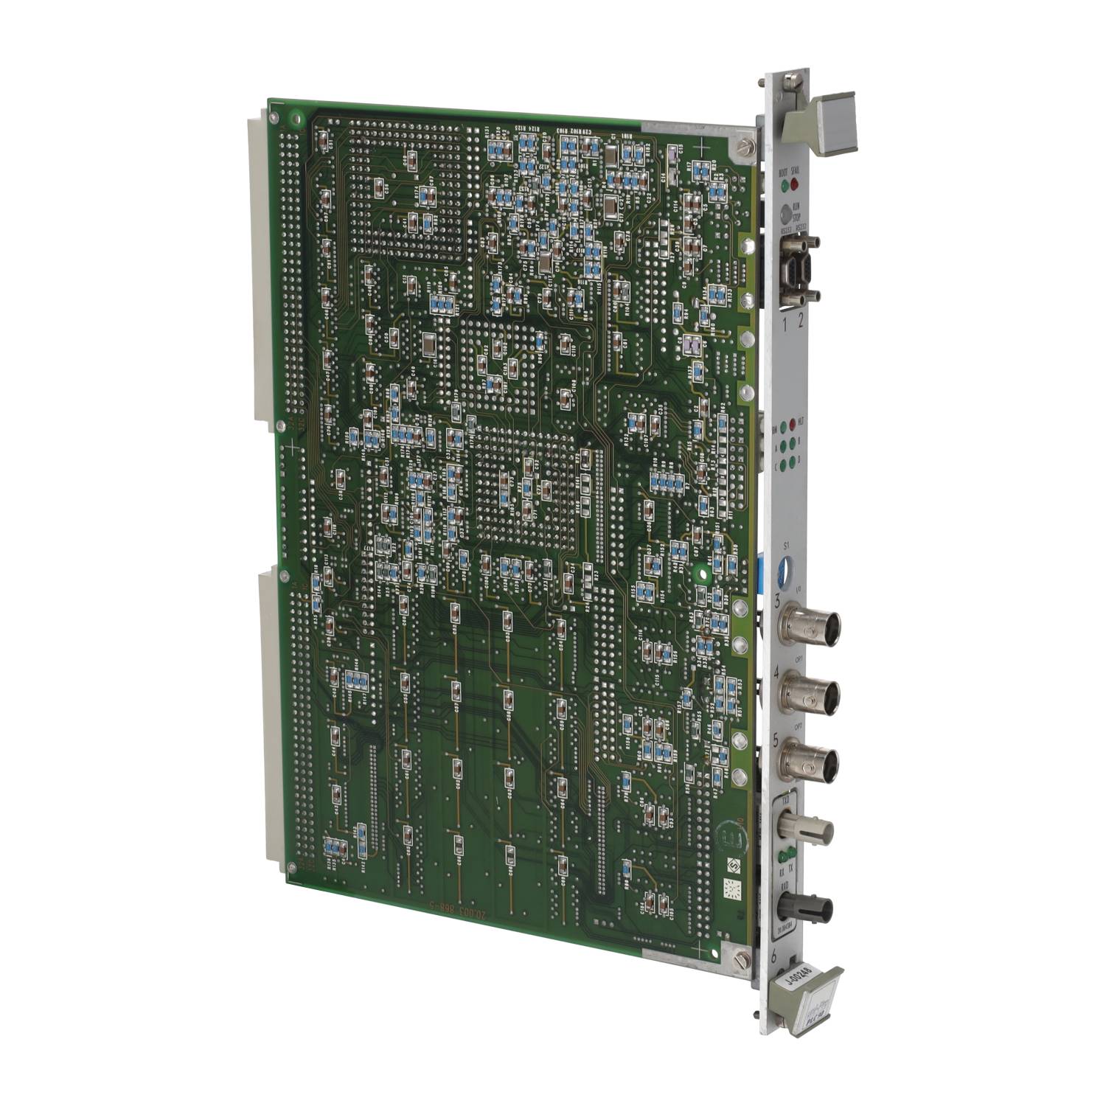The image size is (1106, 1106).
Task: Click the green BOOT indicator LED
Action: click(784, 182)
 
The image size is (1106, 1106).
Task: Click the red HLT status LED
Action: click(793, 424)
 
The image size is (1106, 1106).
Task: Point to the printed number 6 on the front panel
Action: click(773, 957)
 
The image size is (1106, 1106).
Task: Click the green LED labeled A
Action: click(782, 444)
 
